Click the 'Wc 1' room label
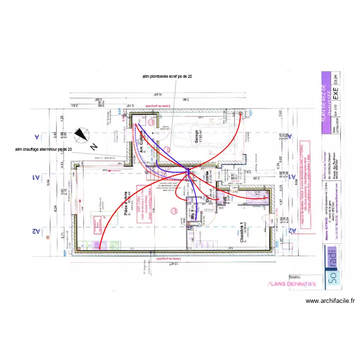pyautogui.click(x=192, y=214)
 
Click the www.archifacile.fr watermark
pyautogui.click(x=330, y=301)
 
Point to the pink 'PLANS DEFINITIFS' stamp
pyautogui.click(x=292, y=284)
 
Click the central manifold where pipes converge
pyautogui.click(x=188, y=170)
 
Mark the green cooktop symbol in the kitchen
pyautogui.click(x=115, y=246)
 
